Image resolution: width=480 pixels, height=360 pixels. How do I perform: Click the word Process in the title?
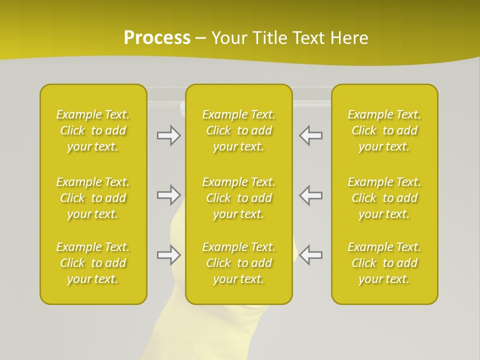tap(157, 38)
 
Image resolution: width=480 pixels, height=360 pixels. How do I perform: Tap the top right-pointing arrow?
tap(168, 135)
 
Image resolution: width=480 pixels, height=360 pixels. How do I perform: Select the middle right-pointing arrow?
tap(168, 194)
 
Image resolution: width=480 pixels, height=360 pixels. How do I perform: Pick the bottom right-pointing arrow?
tap(168, 255)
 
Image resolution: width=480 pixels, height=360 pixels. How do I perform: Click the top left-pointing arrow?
tap(310, 135)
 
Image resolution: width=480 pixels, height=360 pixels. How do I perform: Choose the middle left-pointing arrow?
tap(310, 194)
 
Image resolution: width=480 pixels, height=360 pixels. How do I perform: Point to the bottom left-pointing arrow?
tap(310, 255)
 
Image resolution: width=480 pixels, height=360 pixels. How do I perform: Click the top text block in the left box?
tap(93, 130)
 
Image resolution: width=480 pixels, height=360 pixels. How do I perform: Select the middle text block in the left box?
tap(93, 198)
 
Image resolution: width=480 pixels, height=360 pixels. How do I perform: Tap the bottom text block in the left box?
tap(93, 263)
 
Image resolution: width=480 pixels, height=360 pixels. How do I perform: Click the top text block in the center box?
tap(239, 130)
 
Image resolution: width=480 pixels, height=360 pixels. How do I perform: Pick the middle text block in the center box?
tap(239, 198)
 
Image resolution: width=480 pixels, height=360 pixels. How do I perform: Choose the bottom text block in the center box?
tap(239, 263)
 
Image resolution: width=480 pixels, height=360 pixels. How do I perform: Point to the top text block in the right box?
tap(384, 130)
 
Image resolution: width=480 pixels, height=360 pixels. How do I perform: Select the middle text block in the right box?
tap(384, 198)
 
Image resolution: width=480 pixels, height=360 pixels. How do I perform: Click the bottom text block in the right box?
tap(384, 263)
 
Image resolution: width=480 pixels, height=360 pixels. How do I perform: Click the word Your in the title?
tap(228, 38)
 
